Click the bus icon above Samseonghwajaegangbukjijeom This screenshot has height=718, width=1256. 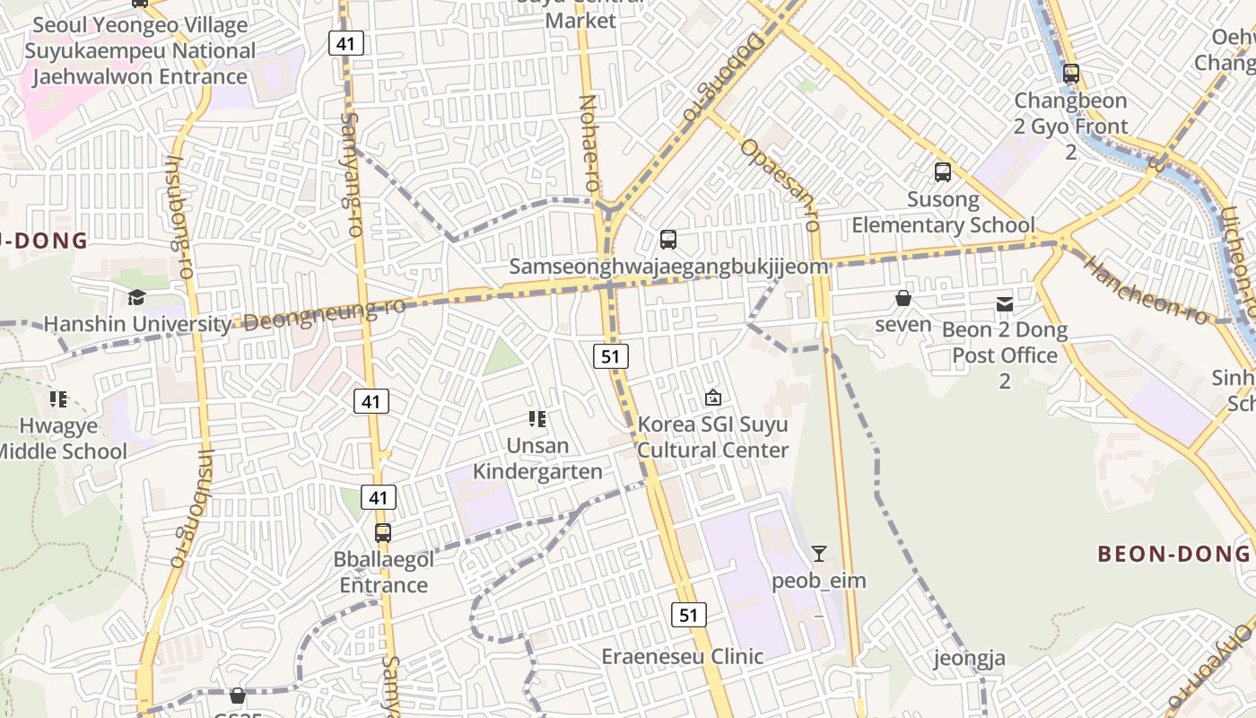pos(668,240)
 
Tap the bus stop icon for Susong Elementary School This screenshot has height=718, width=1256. pos(943,172)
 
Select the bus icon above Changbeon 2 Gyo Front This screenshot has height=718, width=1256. pos(1070,74)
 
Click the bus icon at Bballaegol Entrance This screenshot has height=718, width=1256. pos(383,532)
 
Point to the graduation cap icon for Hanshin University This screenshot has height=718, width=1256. pos(136,297)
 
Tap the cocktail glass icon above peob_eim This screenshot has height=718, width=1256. pos(818,553)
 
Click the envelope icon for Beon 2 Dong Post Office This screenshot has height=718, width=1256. pos(1005,304)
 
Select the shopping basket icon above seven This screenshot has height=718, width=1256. pos(903,298)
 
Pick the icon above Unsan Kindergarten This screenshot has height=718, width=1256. pos(537,418)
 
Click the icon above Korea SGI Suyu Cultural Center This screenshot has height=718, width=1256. pos(713,397)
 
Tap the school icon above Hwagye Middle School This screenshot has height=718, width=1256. pos(59,398)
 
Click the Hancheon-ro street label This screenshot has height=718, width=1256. pos(1147,285)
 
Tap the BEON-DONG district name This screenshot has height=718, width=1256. pos(1173,554)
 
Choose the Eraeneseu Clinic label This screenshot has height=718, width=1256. pos(682,656)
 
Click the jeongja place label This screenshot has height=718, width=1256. pos(970,659)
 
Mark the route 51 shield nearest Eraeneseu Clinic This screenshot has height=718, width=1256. pos(688,615)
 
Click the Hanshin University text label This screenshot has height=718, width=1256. pos(137,323)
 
